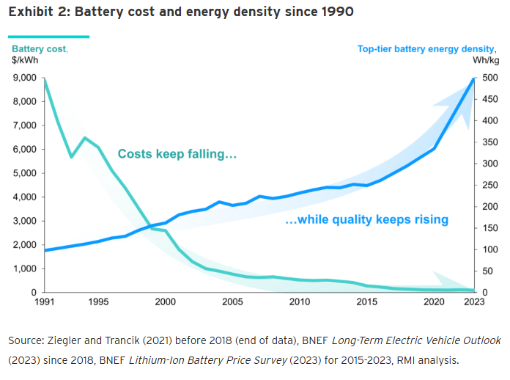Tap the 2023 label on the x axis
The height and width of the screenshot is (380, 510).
(x=474, y=302)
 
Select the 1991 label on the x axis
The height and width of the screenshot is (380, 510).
(x=45, y=302)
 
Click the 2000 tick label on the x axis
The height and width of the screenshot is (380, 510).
(x=166, y=302)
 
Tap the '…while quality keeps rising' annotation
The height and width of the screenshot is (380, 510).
(x=367, y=219)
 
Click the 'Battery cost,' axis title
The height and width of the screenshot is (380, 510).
(x=40, y=49)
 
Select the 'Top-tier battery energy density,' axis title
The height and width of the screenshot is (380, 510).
(x=426, y=49)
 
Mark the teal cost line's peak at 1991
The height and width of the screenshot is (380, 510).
(x=45, y=78)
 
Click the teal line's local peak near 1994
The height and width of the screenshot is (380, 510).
(x=85, y=138)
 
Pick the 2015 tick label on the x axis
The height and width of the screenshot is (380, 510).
(x=366, y=302)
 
